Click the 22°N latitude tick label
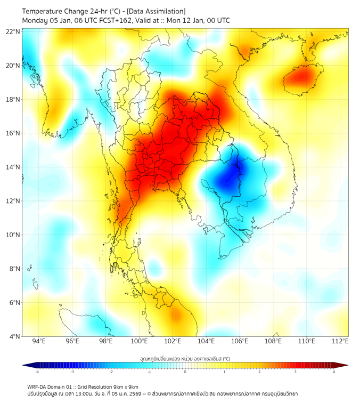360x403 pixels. (x=13, y=32)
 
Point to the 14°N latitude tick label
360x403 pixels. (x=13, y=167)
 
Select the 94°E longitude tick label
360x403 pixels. (x=39, y=342)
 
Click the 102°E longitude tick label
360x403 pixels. (x=173, y=342)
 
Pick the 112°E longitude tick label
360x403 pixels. (x=340, y=342)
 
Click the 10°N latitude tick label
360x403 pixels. (x=13, y=235)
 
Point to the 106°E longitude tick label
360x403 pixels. (x=240, y=342)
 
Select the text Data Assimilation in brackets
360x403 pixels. (x=158, y=11)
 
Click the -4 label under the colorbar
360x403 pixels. (x=37, y=372)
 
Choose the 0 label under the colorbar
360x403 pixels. (x=185, y=372)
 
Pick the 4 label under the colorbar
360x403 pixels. (x=334, y=372)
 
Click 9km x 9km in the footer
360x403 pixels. (x=124, y=386)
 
